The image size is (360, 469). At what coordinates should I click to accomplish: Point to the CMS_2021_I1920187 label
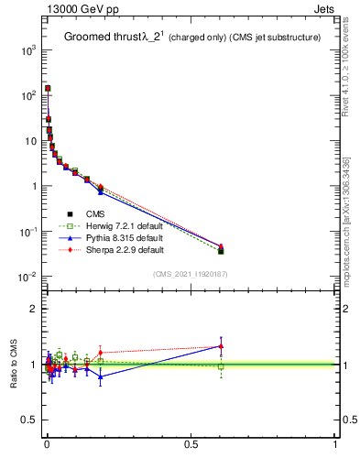point(190,274)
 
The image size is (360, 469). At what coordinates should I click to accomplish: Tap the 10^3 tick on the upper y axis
point(28,50)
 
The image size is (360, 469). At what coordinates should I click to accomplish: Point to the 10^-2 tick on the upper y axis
point(27,277)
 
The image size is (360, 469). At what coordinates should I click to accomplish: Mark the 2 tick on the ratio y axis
point(32,309)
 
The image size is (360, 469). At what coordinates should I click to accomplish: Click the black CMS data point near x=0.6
point(221,250)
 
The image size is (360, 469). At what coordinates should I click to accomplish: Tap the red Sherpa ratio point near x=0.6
point(221,346)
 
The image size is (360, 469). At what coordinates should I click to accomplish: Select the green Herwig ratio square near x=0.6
point(221,366)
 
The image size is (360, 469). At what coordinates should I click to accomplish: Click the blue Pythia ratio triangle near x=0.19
point(101,376)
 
